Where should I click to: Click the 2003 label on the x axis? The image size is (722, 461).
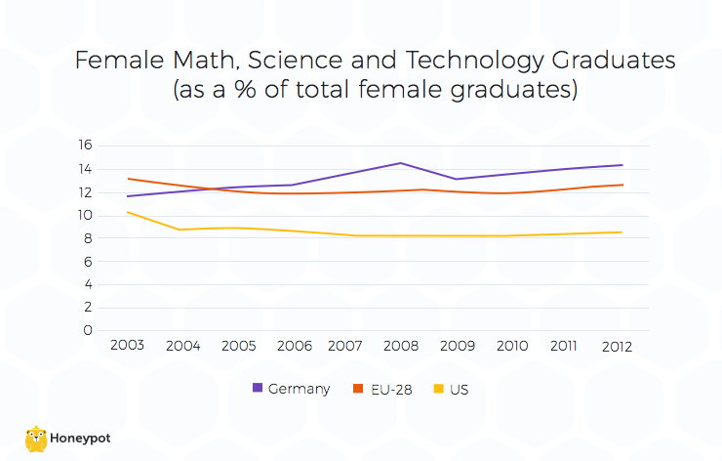tap(127, 346)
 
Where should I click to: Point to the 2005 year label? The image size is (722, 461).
tap(237, 346)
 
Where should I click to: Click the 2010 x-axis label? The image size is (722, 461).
tap(511, 346)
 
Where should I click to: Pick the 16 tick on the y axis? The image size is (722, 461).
tap(85, 146)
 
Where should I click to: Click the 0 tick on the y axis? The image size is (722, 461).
tap(89, 330)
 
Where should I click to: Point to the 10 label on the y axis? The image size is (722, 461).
tap(85, 215)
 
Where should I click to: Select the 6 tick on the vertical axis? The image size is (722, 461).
tap(89, 261)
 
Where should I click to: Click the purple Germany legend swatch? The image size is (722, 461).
tap(258, 389)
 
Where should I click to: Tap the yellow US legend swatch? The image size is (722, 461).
tap(437, 389)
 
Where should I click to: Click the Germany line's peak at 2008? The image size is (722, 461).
tap(400, 163)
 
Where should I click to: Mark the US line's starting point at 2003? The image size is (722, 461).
tap(127, 212)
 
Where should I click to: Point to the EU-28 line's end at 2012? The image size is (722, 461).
tap(622, 185)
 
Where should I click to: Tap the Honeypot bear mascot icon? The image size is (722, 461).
tap(36, 439)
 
